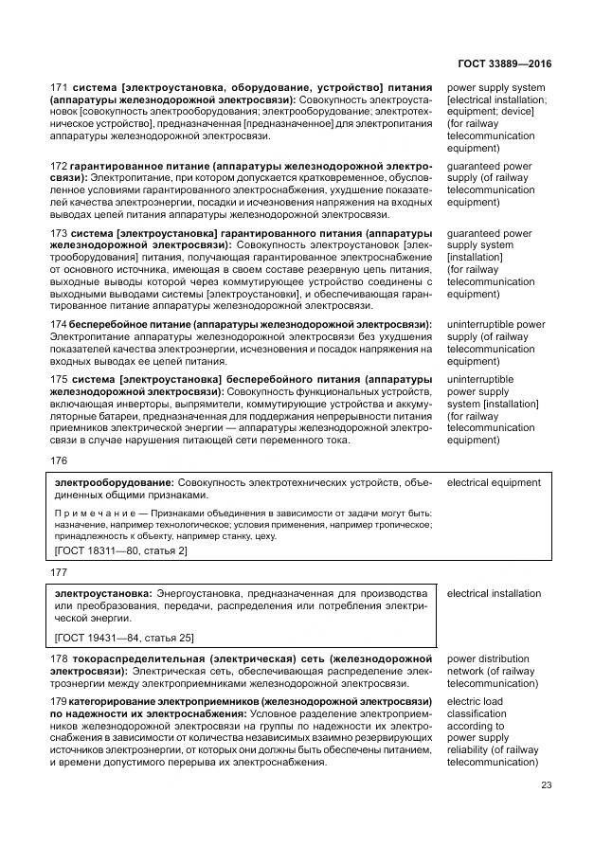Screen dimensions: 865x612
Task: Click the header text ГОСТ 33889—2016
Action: (x=506, y=64)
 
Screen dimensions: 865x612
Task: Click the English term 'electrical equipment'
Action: (x=494, y=482)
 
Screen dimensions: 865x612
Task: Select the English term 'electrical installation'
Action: (x=494, y=594)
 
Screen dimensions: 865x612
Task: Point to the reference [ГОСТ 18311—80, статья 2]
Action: (x=121, y=550)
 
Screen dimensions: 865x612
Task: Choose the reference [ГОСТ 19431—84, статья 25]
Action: (x=124, y=638)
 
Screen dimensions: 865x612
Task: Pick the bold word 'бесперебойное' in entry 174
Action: (x=104, y=325)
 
